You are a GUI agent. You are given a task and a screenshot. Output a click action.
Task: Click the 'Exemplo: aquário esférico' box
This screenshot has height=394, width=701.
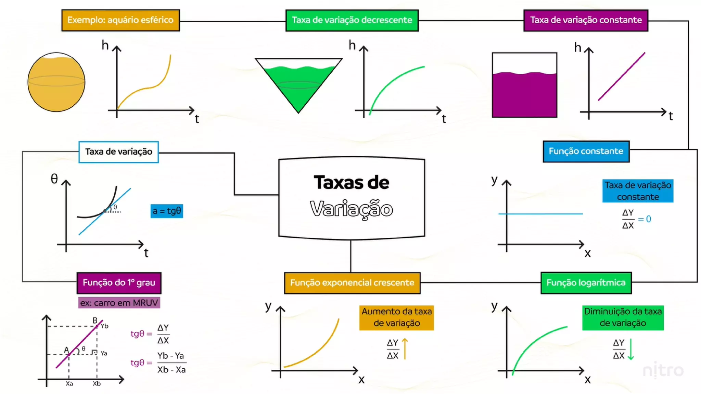(x=120, y=20)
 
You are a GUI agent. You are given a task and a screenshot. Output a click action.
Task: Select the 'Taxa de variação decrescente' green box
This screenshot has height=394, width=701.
(x=352, y=20)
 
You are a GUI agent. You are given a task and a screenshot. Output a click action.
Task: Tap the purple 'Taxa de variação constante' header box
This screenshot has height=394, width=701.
(x=586, y=20)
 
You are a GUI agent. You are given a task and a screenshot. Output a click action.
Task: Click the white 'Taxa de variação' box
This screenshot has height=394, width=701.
(x=118, y=152)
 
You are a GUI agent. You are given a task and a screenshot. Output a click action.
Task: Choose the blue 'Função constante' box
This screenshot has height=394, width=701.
(x=586, y=151)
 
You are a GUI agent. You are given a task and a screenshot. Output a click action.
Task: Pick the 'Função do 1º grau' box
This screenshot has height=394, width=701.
(x=119, y=283)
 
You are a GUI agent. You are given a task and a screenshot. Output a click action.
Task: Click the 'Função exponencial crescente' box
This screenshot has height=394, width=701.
(x=352, y=283)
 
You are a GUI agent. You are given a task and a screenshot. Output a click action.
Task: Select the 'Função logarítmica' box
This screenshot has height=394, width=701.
(x=586, y=283)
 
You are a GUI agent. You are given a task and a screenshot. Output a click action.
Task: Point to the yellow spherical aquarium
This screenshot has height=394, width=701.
(x=56, y=82)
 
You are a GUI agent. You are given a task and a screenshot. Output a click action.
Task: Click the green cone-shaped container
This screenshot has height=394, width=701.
(x=298, y=84)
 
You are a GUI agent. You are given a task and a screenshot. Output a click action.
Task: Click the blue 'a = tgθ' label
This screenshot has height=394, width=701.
(x=167, y=211)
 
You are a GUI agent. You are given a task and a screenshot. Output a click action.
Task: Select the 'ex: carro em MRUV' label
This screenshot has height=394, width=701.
(x=119, y=303)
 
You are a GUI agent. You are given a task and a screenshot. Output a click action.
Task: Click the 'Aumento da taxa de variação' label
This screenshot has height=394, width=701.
(x=396, y=317)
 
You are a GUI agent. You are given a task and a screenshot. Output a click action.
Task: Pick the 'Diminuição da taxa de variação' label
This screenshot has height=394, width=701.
(x=623, y=317)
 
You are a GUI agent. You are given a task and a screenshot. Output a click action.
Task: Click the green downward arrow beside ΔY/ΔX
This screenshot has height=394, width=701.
(x=631, y=349)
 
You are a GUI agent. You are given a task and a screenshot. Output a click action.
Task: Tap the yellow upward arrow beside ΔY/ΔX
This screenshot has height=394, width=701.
(x=405, y=349)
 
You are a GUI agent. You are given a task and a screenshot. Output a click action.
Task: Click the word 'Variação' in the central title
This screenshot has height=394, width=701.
(x=352, y=209)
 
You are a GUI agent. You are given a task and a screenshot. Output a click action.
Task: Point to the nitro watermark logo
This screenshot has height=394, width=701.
(x=663, y=371)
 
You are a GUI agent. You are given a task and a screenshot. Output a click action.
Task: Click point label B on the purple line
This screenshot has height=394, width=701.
(x=95, y=320)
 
